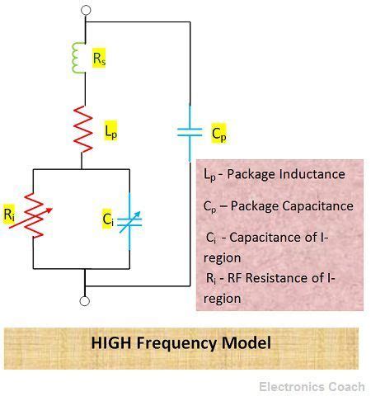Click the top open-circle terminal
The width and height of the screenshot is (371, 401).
coord(84,12)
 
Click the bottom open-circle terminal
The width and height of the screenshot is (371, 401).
coord(84,301)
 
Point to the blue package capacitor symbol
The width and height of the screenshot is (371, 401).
coord(190,132)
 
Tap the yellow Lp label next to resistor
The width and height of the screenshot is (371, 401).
coord(110,130)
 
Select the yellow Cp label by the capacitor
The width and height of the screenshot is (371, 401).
coord(218,132)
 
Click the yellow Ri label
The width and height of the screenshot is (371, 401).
coord(9,215)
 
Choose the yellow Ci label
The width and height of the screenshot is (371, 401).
coord(107,219)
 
